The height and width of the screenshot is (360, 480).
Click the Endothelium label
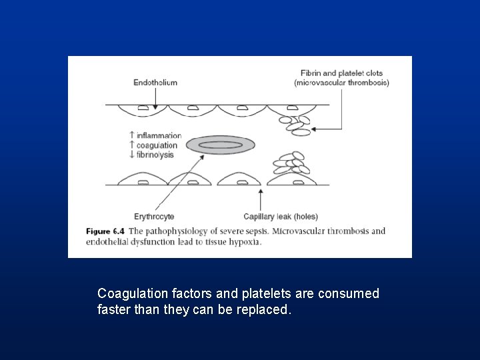[155, 83]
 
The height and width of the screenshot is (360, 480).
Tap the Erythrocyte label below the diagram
[154, 217]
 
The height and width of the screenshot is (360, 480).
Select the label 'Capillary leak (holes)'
[281, 217]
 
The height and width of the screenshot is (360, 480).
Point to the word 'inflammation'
[159, 136]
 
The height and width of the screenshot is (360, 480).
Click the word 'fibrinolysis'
[155, 155]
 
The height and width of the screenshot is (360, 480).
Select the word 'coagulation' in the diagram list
[157, 145]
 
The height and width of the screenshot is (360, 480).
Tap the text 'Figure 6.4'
[105, 231]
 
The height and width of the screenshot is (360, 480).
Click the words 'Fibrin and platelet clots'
[342, 73]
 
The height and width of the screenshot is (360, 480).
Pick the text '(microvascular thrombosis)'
[342, 83]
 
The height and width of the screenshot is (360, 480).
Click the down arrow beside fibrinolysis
[132, 155]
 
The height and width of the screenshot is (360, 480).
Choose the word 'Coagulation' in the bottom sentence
[129, 294]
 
